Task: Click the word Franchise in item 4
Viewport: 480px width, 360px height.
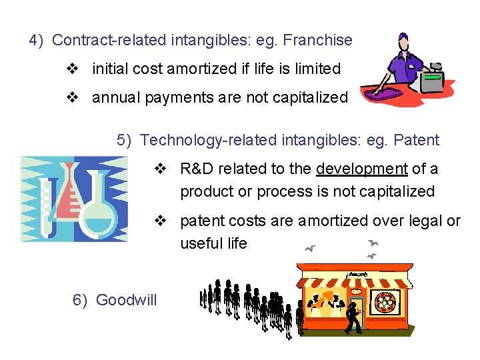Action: coord(317,40)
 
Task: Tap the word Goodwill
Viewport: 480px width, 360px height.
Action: coord(127,300)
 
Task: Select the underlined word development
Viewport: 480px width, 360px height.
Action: coord(362,169)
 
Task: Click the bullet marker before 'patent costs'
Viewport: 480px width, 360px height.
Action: coord(160,221)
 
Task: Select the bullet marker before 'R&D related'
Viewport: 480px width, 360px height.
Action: coord(160,169)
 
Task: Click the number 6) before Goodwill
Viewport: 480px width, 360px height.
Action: coord(80,300)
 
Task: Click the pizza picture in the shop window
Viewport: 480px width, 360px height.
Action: coord(386,303)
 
